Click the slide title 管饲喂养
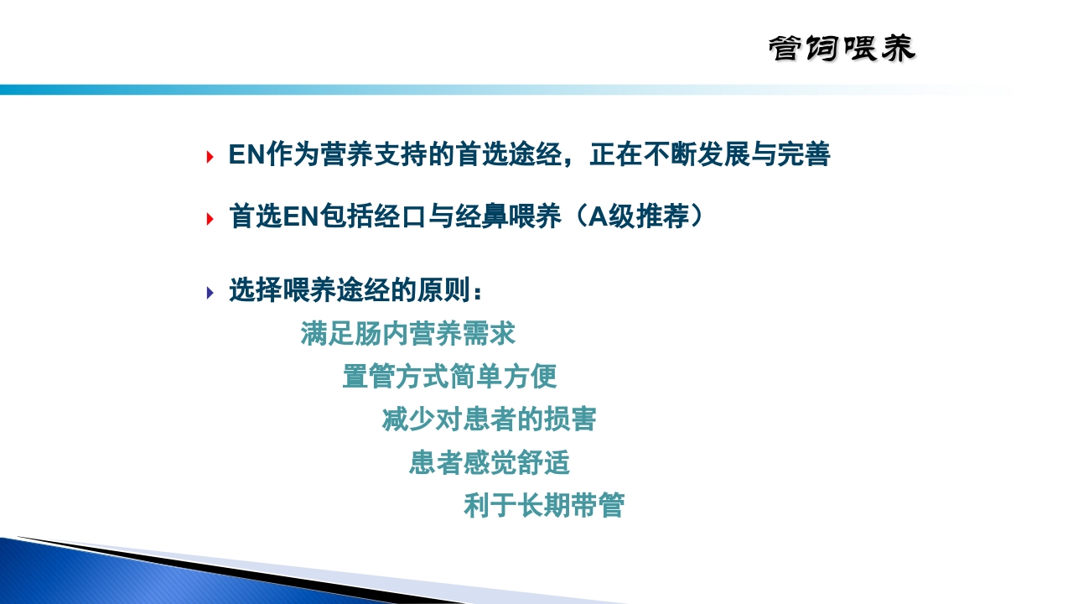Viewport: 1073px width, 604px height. tap(842, 49)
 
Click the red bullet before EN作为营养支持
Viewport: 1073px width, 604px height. tap(210, 157)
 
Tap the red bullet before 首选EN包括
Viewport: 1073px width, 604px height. tap(210, 219)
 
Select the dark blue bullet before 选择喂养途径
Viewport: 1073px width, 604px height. tap(210, 292)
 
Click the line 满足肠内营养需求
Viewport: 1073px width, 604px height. tap(407, 334)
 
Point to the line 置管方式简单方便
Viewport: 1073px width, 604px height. tap(449, 377)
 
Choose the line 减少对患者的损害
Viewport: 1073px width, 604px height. tap(489, 419)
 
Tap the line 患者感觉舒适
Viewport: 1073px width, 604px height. tap(490, 463)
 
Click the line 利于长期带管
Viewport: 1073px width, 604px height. tap(543, 506)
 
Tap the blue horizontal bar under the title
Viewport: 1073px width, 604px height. tap(335, 90)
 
